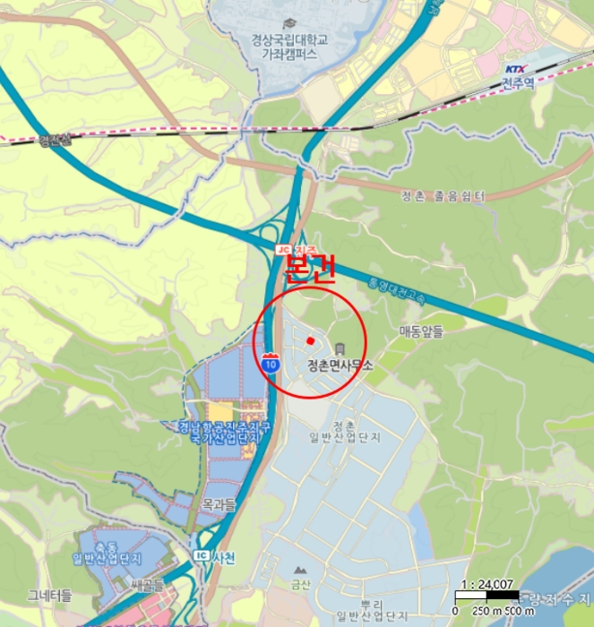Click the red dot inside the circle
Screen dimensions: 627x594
point(309,340)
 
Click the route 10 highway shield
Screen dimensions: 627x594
point(271,363)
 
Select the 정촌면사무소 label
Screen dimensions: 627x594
point(339,365)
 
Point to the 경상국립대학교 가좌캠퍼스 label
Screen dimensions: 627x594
point(289,47)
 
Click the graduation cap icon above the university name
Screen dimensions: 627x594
point(288,23)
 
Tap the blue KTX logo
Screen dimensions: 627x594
point(514,69)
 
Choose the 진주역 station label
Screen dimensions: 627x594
point(518,84)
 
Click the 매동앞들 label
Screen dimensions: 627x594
point(421,331)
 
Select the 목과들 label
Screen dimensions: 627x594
point(219,505)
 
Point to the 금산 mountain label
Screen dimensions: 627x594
point(300,586)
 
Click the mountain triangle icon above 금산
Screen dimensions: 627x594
point(300,570)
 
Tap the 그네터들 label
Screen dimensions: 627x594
point(49,595)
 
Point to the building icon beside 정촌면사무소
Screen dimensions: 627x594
point(340,348)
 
